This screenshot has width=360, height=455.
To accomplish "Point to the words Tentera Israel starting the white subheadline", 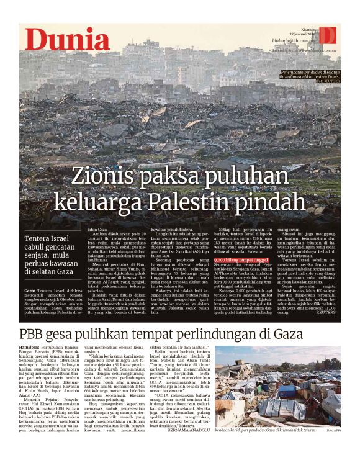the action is [52, 240].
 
